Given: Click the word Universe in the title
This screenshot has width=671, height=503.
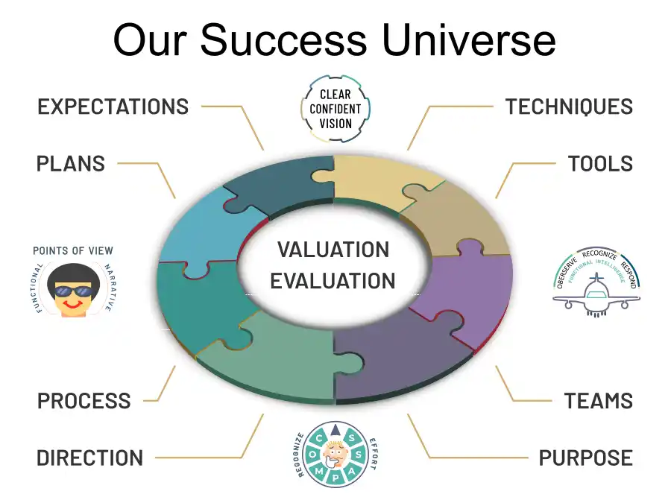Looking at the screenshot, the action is (469, 39).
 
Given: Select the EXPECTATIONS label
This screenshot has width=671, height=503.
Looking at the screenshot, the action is (113, 107).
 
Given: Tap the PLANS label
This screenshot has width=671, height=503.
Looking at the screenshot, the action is (71, 164).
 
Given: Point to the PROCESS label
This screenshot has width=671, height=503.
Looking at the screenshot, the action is (84, 401).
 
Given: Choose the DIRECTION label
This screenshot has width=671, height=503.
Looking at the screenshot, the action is (90, 458).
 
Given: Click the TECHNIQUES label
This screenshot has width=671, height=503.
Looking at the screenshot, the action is (569, 107).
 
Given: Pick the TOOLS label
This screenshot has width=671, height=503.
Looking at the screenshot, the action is (600, 164).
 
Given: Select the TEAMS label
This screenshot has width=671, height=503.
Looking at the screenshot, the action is (598, 401).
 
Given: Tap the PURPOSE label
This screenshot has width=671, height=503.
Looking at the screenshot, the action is (585, 458).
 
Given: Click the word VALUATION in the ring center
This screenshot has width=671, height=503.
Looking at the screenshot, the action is (333, 250).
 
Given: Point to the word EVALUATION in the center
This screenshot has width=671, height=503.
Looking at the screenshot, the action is (333, 281).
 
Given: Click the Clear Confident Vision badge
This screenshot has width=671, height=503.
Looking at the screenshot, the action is (335, 109).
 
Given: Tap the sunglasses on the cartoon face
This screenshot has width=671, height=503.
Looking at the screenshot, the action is (73, 291).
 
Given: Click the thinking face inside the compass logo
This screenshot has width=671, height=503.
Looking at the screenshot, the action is (335, 455).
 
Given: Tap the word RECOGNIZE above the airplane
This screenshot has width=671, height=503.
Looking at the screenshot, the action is (599, 255).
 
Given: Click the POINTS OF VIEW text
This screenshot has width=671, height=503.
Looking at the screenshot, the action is (73, 250).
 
